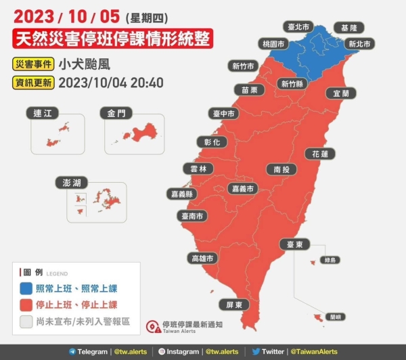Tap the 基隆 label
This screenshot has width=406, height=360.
pyautogui.click(x=348, y=28)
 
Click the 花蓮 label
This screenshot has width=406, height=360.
pyautogui.click(x=320, y=154)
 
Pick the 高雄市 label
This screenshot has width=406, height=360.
pyautogui.click(x=202, y=258)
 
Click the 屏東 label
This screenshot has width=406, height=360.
pyautogui.click(x=233, y=305)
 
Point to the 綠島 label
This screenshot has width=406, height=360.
pyautogui.click(x=330, y=259)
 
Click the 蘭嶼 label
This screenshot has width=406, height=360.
pyautogui.click(x=334, y=316)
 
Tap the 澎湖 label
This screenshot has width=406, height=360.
pyautogui.click(x=72, y=183)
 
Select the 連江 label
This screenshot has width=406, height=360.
pyautogui.click(x=42, y=114)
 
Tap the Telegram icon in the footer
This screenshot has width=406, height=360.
pyautogui.click(x=72, y=352)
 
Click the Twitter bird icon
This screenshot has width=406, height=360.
pyautogui.click(x=256, y=352)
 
